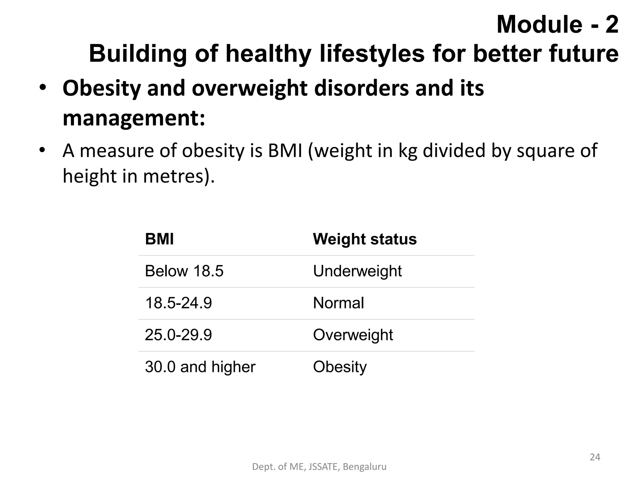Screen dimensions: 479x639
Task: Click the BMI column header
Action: click(x=159, y=239)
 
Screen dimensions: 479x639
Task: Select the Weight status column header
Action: click(x=364, y=239)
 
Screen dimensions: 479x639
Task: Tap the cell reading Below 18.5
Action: click(x=184, y=271)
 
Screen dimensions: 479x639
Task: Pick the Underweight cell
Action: click(x=357, y=271)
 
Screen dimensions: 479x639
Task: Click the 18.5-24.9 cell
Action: click(x=178, y=303)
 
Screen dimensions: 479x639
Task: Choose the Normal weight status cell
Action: click(x=338, y=303)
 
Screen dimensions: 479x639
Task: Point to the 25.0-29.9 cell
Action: click(x=178, y=335)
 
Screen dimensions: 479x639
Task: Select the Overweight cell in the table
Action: click(x=353, y=335)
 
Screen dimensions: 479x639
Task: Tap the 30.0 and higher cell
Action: click(x=200, y=367)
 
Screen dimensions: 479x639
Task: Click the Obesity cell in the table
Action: click(x=340, y=367)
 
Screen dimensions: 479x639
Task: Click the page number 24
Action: click(x=595, y=457)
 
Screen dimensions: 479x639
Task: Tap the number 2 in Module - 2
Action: click(x=612, y=25)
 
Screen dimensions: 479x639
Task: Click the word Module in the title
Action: click(x=539, y=25)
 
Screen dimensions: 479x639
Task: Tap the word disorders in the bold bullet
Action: click(x=361, y=88)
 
